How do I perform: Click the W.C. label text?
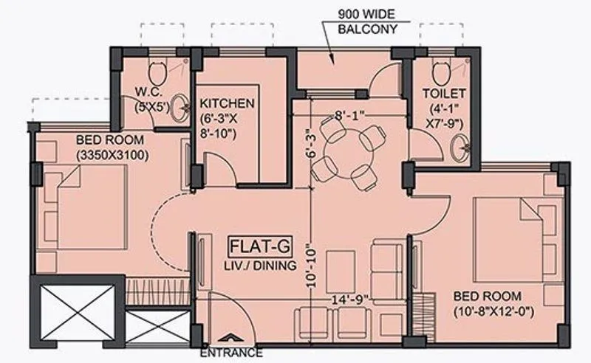(153, 93)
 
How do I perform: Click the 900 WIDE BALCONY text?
(367, 22)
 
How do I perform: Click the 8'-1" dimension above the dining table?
(347, 115)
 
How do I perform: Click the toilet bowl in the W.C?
(156, 72)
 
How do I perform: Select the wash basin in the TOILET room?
(462, 145)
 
